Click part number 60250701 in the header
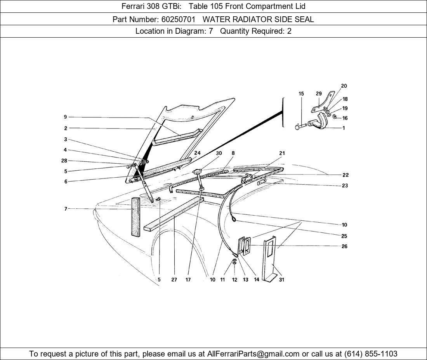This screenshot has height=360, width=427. point(178,19)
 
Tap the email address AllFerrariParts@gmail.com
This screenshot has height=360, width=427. point(253,354)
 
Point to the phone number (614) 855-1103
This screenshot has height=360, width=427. point(371,354)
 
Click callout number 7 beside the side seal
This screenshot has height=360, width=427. point(66,209)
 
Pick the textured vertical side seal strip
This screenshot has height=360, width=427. point(135,217)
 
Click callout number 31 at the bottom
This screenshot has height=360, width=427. point(281,279)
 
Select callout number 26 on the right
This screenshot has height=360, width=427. point(344,246)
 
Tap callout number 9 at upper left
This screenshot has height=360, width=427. point(65,117)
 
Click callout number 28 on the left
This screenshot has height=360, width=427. point(64,161)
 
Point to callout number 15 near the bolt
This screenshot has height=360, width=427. point(301,93)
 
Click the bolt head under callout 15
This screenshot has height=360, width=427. point(297,127)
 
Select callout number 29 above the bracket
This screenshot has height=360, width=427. point(319,93)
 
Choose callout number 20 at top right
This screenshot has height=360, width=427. point(344,86)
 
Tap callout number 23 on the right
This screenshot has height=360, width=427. point(345,185)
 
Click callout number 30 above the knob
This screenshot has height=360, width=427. point(219,153)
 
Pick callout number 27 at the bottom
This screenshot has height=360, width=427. point(174,279)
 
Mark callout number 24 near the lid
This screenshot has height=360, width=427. point(198,153)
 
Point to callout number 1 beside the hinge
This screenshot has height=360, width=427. point(344,128)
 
